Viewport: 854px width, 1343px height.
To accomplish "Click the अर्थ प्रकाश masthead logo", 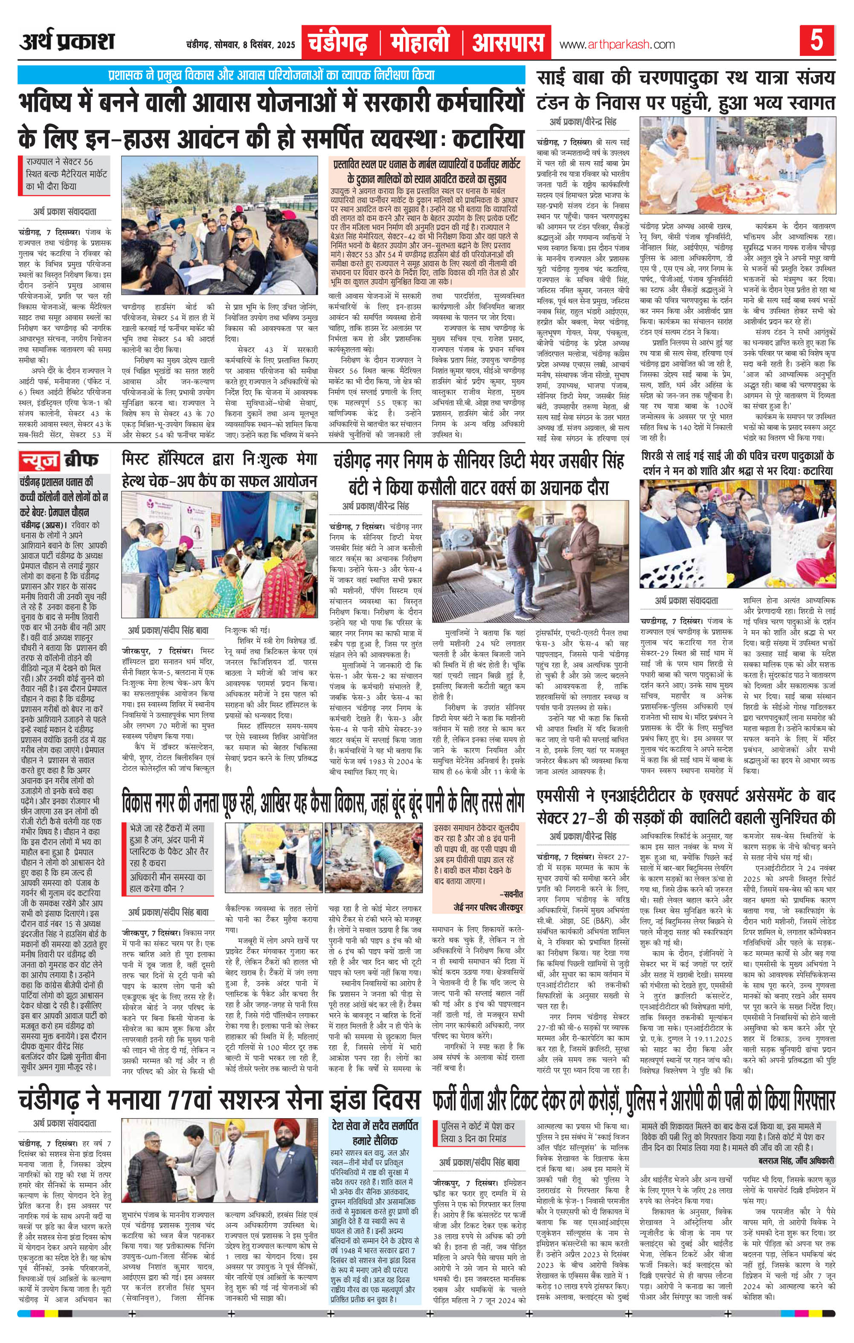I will (67, 42).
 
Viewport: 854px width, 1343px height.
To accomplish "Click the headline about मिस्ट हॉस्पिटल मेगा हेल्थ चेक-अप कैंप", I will (220, 470).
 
